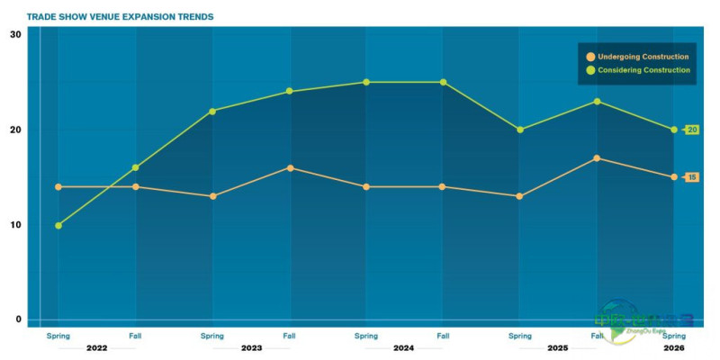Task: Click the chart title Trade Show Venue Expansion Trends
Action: tap(120, 16)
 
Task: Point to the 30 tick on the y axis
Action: tap(15, 34)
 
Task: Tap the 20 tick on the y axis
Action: tap(15, 130)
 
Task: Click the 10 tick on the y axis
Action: tap(15, 224)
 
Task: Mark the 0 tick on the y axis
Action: tap(18, 319)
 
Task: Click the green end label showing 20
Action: tap(692, 130)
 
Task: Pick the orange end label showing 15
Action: tap(692, 177)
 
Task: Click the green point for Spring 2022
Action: tap(58, 225)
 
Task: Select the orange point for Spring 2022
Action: tap(58, 187)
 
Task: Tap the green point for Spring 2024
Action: tap(366, 82)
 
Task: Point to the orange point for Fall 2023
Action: tap(290, 167)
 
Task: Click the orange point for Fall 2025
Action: tap(598, 158)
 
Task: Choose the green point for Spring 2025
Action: tap(520, 130)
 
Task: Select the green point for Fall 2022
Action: tap(136, 167)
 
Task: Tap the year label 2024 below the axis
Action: tap(405, 347)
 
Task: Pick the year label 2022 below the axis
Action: tap(96, 347)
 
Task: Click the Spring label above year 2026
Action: tap(674, 336)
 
